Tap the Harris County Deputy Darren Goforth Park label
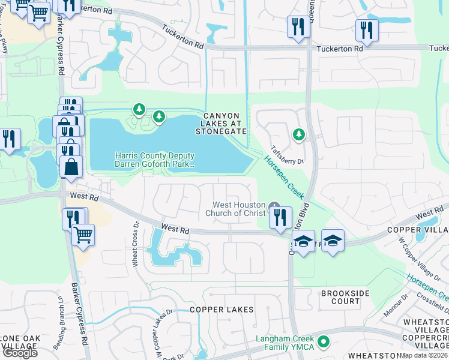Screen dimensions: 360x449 coord(155,159)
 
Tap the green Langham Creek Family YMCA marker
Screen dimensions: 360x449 coord(324,342)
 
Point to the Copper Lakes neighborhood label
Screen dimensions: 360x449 coord(221,310)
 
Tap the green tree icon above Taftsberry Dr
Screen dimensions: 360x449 coord(298,135)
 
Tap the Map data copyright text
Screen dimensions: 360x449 coord(424,355)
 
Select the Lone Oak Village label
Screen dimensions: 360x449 coord(20,343)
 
